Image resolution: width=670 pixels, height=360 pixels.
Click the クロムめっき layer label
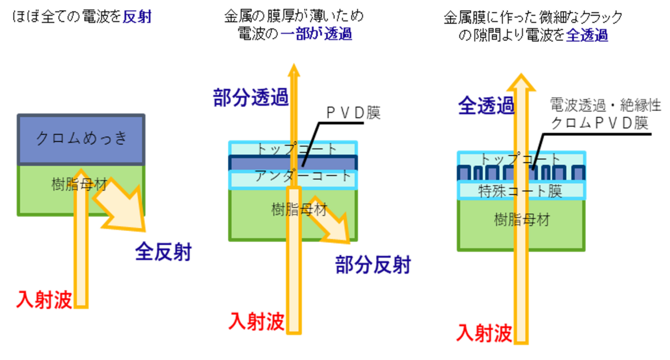pos(82,138)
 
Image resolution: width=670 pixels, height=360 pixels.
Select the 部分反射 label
pos(372,266)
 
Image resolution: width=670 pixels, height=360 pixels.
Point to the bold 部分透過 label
pos(250,98)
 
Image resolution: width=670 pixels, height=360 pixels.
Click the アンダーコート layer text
pos(304,177)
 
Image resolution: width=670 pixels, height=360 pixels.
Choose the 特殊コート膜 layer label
pos(520,191)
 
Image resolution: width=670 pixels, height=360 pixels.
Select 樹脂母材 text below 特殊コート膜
pos(521,220)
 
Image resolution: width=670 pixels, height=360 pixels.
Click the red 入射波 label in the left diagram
pos(44,300)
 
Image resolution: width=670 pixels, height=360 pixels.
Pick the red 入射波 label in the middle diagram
pos(256,321)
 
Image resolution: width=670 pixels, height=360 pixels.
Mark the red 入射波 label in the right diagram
pos(484,333)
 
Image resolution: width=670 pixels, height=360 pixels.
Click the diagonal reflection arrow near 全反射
pos(121,205)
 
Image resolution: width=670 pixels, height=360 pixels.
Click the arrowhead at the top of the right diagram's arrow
pos(521,82)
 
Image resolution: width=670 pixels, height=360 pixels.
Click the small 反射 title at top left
pos(137,17)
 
